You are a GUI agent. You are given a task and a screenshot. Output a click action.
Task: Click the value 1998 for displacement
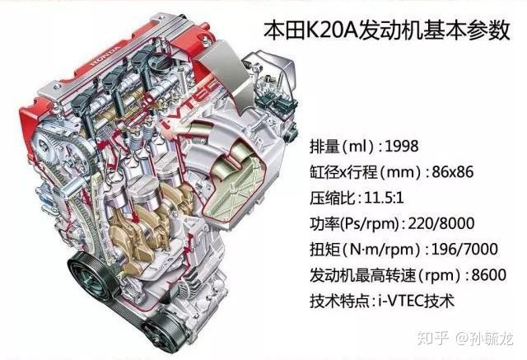[401, 147]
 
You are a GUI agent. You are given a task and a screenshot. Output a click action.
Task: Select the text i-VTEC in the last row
[415, 300]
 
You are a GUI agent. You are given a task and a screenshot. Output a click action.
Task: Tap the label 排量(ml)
[334, 147]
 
